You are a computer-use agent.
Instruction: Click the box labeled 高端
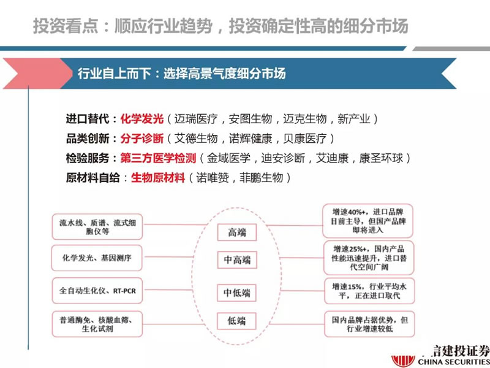pyautogui.click(x=237, y=232)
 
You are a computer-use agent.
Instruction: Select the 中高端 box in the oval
pyautogui.click(x=237, y=259)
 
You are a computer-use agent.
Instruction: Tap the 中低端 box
pyautogui.click(x=236, y=293)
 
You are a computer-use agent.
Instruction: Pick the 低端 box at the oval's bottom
pyautogui.click(x=236, y=321)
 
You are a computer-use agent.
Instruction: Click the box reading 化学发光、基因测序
pyautogui.click(x=97, y=258)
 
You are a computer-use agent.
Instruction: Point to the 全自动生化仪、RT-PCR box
pyautogui.click(x=97, y=291)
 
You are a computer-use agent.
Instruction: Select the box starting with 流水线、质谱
pyautogui.click(x=97, y=227)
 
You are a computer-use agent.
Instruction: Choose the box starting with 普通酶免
pyautogui.click(x=97, y=324)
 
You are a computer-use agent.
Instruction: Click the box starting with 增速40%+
pyautogui.click(x=368, y=221)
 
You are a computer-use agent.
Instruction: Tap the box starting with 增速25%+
pyautogui.click(x=369, y=258)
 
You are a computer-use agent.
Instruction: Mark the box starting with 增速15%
pyautogui.click(x=369, y=291)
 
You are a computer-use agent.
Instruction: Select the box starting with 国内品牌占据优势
pyautogui.click(x=369, y=324)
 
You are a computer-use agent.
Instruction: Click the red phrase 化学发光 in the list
pyautogui.click(x=142, y=119)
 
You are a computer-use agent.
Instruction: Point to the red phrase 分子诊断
pyautogui.click(x=142, y=139)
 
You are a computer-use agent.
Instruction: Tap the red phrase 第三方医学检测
pyautogui.click(x=158, y=158)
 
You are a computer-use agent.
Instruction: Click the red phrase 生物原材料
pyautogui.click(x=158, y=178)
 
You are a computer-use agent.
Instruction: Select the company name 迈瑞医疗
pyautogui.click(x=195, y=119)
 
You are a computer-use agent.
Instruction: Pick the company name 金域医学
pyautogui.click(x=228, y=158)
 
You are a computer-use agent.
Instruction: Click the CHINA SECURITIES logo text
pyautogui.click(x=454, y=362)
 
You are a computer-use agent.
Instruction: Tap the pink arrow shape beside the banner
pyautogui.click(x=37, y=73)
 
